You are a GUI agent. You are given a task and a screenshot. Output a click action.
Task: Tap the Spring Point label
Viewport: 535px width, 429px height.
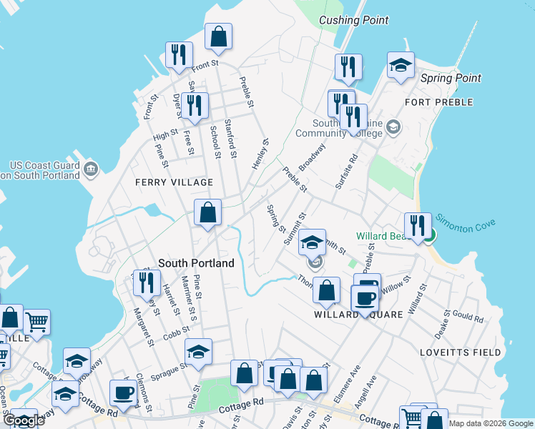(451, 78)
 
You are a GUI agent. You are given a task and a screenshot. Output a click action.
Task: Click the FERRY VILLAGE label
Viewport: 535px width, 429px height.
(165, 182)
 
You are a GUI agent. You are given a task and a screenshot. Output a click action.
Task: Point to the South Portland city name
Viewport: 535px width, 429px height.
(196, 263)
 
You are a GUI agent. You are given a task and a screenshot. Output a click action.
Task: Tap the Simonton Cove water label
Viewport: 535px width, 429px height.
(466, 224)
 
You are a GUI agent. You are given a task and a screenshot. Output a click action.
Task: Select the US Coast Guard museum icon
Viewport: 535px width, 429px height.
(91, 169)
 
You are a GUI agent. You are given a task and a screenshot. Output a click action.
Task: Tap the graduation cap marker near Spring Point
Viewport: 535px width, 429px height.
(401, 65)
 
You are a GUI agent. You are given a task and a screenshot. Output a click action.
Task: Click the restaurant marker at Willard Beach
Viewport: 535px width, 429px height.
(418, 226)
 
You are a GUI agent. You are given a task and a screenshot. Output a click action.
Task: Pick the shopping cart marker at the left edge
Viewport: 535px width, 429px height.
(36, 322)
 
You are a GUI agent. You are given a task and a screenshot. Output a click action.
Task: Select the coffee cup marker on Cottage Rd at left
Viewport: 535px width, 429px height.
(123, 393)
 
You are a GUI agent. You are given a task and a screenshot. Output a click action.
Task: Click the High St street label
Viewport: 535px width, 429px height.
(165, 134)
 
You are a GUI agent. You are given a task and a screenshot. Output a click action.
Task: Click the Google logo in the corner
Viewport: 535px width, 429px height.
(24, 420)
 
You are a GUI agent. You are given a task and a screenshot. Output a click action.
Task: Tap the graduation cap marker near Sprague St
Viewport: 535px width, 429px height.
(198, 351)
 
